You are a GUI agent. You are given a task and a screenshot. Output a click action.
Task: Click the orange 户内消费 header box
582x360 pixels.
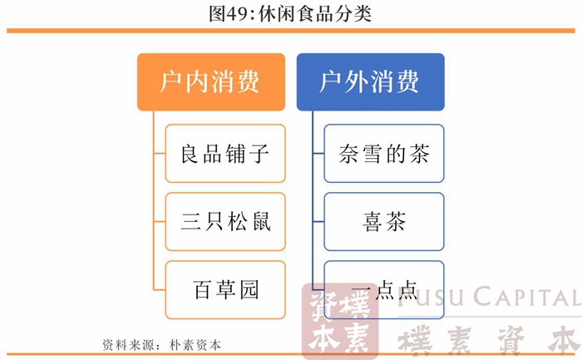pyautogui.click(x=211, y=82)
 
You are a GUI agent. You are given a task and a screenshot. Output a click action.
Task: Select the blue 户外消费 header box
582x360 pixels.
pyautogui.click(x=371, y=82)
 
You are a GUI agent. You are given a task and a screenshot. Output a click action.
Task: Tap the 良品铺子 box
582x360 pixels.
pyautogui.click(x=225, y=153)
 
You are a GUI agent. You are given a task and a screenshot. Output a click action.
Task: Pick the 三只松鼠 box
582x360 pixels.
pyautogui.click(x=225, y=221)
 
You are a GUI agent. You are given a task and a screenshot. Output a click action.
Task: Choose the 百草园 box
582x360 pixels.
pyautogui.click(x=225, y=290)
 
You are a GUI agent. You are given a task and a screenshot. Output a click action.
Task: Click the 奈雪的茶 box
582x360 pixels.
pyautogui.click(x=384, y=153)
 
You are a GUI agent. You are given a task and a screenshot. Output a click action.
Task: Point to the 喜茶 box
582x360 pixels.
pyautogui.click(x=384, y=221)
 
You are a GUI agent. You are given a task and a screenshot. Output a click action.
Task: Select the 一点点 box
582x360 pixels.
pyautogui.click(x=384, y=290)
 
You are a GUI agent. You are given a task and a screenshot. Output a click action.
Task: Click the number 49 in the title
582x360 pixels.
pyautogui.click(x=235, y=14)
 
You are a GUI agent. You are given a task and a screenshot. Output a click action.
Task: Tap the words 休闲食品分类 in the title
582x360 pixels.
pyautogui.click(x=315, y=14)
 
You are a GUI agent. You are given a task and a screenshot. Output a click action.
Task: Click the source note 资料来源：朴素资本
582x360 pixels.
pyautogui.click(x=161, y=345)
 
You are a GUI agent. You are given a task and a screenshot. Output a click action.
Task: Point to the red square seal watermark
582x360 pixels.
pyautogui.click(x=339, y=322)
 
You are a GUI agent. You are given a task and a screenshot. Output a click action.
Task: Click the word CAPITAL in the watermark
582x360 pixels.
pyautogui.click(x=526, y=298)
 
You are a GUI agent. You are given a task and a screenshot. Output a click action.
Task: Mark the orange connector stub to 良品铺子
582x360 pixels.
pyautogui.click(x=160, y=153)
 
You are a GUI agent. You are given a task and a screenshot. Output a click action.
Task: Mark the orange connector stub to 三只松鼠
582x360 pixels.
pyautogui.click(x=160, y=221)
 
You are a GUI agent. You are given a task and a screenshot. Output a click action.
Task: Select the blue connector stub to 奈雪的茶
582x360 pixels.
pyautogui.click(x=318, y=153)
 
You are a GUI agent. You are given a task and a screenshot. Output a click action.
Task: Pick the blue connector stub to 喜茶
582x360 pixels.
pyautogui.click(x=318, y=221)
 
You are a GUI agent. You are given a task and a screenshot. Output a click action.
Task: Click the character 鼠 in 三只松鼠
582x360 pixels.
pyautogui.click(x=262, y=221)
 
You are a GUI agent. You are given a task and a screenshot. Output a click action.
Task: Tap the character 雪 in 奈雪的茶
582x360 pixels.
pyautogui.click(x=372, y=154)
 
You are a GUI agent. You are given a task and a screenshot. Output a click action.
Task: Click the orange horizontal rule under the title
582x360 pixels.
pyautogui.click(x=291, y=31)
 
